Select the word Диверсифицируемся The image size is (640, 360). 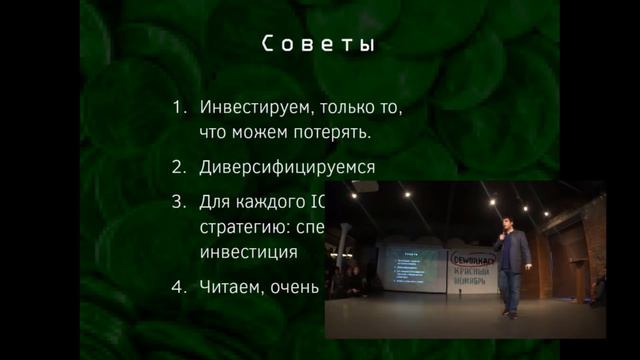click(x=287, y=167)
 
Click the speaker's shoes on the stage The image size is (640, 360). click(x=509, y=312)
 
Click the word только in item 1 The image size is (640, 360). click(x=338, y=106)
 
